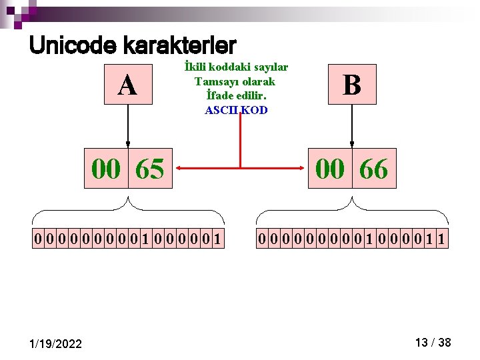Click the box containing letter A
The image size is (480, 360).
tap(128, 85)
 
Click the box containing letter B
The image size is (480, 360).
tap(352, 85)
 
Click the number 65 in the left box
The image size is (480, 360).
tap(150, 169)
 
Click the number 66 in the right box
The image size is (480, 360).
tap(374, 169)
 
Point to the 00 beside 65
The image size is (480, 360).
tap(106, 169)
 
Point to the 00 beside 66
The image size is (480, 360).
tap(330, 169)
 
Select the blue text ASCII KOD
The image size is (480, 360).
tap(236, 110)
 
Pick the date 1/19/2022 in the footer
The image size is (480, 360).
tap(56, 344)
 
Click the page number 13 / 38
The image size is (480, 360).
tap(433, 343)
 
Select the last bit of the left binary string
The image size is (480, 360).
tap(218, 239)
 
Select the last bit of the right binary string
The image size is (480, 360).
tap(442, 239)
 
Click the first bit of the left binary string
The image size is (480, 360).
tap(38, 239)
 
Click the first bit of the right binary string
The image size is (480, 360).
tap(262, 239)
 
